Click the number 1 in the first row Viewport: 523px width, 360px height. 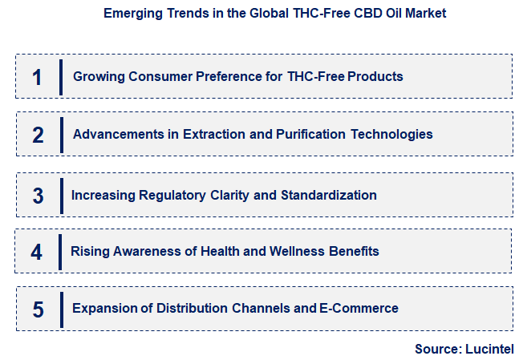pyautogui.click(x=37, y=77)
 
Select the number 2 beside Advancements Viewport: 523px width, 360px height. pyautogui.click(x=38, y=135)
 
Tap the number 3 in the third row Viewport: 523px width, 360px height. pyautogui.click(x=38, y=196)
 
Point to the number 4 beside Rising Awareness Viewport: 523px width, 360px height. pyautogui.click(x=37, y=252)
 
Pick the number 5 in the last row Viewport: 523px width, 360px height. pyautogui.click(x=37, y=309)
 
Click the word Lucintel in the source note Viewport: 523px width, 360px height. pyautogui.click(x=488, y=349)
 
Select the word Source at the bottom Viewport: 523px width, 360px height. pyautogui.click(x=436, y=349)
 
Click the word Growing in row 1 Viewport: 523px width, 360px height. pyautogui.click(x=97, y=77)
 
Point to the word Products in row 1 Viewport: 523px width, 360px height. pyautogui.click(x=375, y=77)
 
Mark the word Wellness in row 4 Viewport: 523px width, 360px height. pyautogui.click(x=298, y=252)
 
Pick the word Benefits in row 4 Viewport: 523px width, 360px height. pyautogui.click(x=354, y=252)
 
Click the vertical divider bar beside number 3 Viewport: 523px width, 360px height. pyautogui.click(x=62, y=196)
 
